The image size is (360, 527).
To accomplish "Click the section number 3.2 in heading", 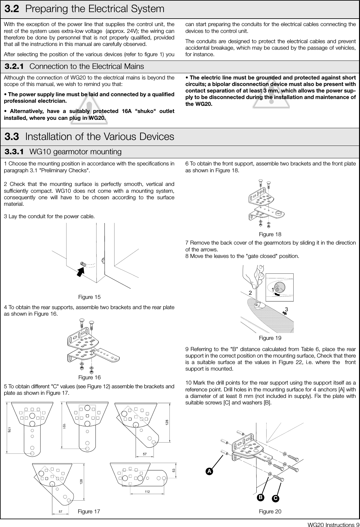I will tap(13, 9).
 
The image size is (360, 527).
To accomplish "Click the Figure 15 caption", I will tap(89, 297).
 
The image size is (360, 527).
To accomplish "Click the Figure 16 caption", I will tap(89, 377).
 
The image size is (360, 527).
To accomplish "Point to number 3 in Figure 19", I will tap(286, 309).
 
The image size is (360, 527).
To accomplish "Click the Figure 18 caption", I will tap(270, 234).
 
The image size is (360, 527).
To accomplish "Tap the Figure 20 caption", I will tap(270, 511).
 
